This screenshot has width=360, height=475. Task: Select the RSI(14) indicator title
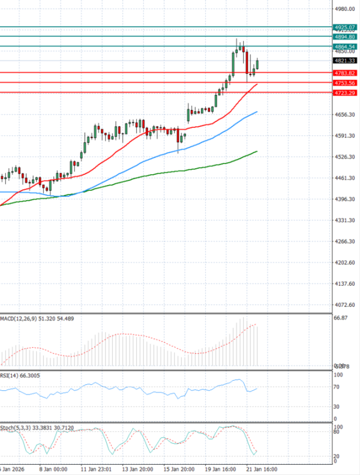tap(10, 375)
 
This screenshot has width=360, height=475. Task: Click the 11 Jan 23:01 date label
tap(96, 468)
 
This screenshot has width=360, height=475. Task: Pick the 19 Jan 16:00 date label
tap(220, 468)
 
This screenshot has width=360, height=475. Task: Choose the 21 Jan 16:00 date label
tap(262, 468)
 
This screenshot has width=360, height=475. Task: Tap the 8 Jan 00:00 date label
tap(53, 468)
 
